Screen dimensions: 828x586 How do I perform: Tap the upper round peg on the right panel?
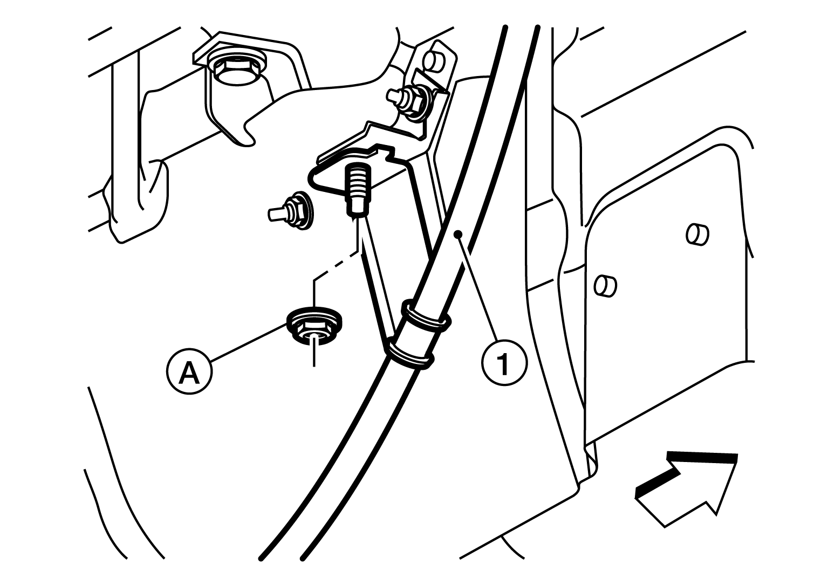(x=697, y=235)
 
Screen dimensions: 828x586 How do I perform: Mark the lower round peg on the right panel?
(x=605, y=286)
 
